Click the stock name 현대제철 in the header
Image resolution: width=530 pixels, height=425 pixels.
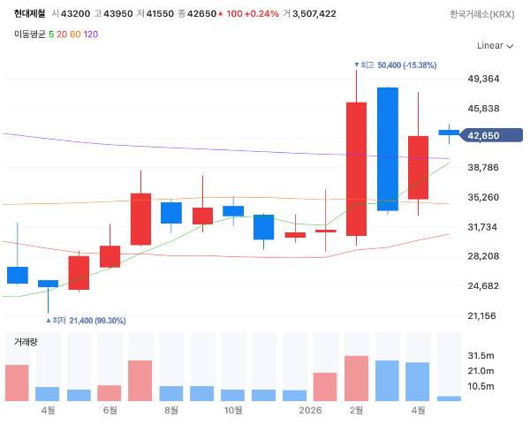click(x=29, y=13)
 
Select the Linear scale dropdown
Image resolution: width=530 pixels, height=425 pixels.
click(x=496, y=46)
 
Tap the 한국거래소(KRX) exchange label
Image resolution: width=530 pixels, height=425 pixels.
click(x=482, y=14)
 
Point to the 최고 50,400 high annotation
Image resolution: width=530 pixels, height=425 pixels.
click(x=395, y=65)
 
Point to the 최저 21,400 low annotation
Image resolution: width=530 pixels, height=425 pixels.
click(x=86, y=321)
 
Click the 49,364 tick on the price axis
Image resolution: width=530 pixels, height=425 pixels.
click(x=483, y=79)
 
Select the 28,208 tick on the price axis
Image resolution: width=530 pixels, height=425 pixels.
click(x=483, y=256)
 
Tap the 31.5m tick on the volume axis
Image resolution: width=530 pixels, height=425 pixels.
click(x=481, y=356)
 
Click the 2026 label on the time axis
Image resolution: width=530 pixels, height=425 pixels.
click(x=310, y=411)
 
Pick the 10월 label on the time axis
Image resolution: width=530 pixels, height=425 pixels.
click(x=233, y=411)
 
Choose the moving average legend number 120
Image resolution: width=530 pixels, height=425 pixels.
click(x=91, y=34)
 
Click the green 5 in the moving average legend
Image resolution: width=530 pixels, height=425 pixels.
click(x=51, y=34)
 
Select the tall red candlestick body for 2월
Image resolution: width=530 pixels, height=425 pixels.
click(x=356, y=169)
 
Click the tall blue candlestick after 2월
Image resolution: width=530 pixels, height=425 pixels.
click(x=388, y=149)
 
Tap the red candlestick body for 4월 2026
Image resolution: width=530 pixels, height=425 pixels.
click(x=418, y=168)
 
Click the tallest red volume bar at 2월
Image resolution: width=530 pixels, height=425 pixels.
click(x=356, y=378)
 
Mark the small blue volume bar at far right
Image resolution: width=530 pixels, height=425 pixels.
click(x=449, y=398)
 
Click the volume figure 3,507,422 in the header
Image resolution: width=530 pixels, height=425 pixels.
click(x=314, y=14)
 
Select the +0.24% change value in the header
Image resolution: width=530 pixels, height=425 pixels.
click(x=261, y=14)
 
